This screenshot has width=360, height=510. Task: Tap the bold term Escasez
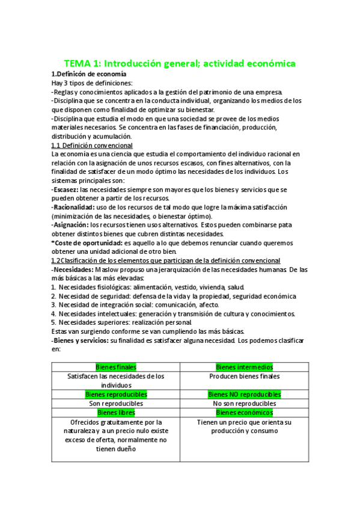coord(66,189)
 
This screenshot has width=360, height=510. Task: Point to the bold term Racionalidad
coord(73,207)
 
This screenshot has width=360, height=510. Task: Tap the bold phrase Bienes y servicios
coord(82,340)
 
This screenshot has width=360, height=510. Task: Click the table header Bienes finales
coord(116,367)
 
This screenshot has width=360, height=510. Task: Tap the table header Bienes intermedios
coord(244,367)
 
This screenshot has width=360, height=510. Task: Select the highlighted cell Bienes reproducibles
coord(116,395)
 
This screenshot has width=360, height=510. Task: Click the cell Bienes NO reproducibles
coord(244,395)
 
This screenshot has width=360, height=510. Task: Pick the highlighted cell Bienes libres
coord(116,413)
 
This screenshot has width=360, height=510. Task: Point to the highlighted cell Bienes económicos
coord(244,413)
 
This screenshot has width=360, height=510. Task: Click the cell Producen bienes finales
coord(244,376)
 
